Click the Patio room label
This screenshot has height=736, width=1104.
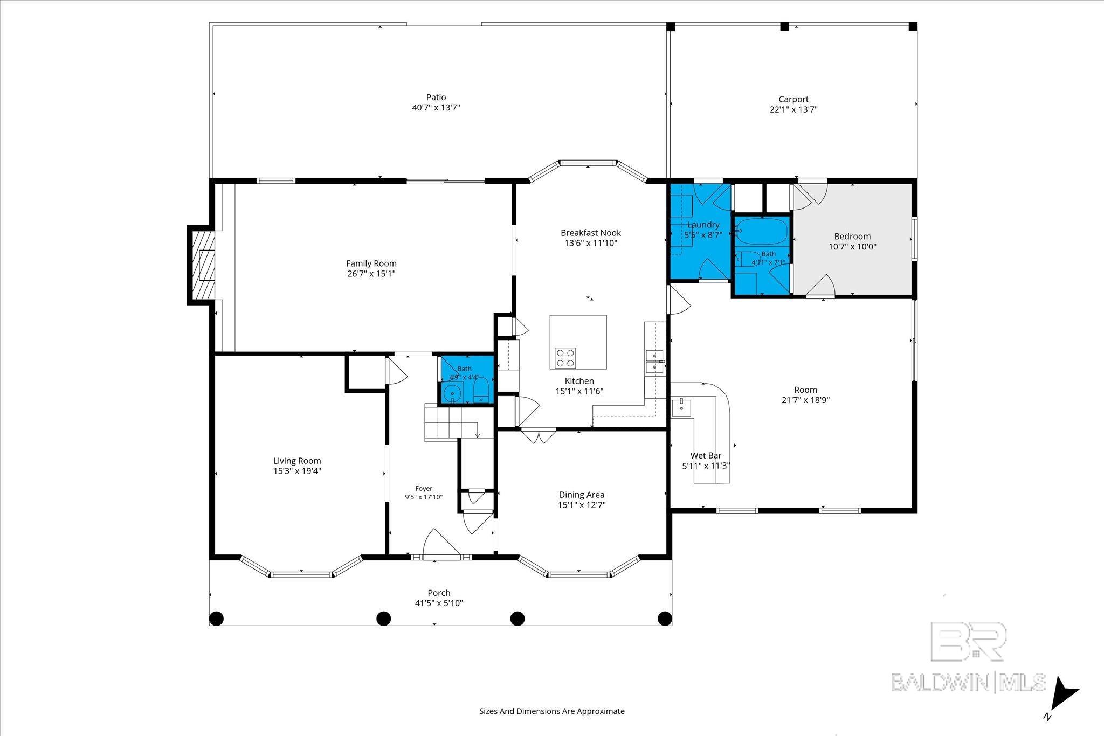(x=436, y=98)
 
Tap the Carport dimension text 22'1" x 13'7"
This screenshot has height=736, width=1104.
(x=793, y=109)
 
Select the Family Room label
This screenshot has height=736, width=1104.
(x=371, y=263)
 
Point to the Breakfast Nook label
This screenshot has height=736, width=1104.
(x=591, y=233)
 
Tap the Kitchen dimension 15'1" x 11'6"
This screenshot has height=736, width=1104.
(x=579, y=391)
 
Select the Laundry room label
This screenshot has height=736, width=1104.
(x=703, y=225)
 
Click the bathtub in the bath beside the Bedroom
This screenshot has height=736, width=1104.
(x=762, y=232)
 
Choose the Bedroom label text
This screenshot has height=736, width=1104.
(x=852, y=237)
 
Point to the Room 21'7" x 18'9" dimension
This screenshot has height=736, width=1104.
(x=805, y=400)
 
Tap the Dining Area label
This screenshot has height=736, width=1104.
(x=582, y=495)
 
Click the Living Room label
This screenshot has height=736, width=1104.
(x=297, y=461)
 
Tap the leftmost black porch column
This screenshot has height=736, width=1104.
(x=216, y=618)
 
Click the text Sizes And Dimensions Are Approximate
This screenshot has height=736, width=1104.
(x=552, y=711)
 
